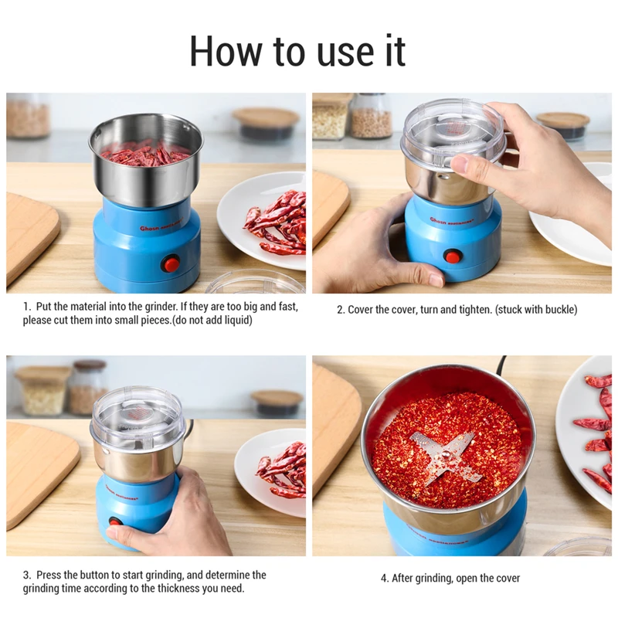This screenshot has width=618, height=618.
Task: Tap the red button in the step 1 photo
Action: pyautogui.click(x=171, y=264)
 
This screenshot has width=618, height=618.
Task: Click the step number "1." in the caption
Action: pyautogui.click(x=27, y=307)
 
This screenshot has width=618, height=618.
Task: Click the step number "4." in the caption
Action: pyautogui.click(x=385, y=578)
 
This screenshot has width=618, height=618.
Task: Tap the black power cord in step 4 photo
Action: pyautogui.click(x=501, y=364)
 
